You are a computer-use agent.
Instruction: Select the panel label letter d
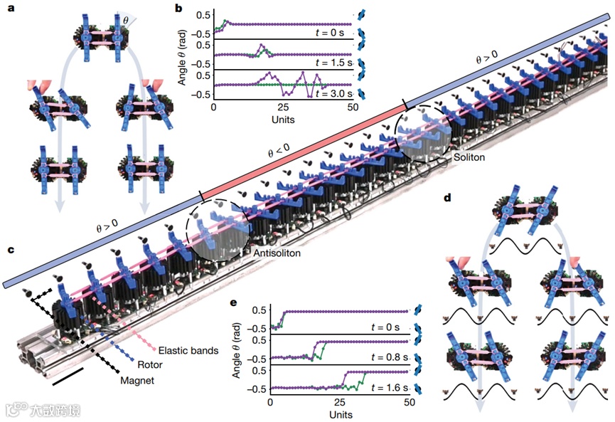pos(446,195)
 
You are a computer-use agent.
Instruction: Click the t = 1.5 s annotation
pos(331,62)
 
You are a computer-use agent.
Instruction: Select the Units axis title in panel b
pos(283,120)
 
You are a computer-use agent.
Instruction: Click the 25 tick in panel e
pos(340,403)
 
